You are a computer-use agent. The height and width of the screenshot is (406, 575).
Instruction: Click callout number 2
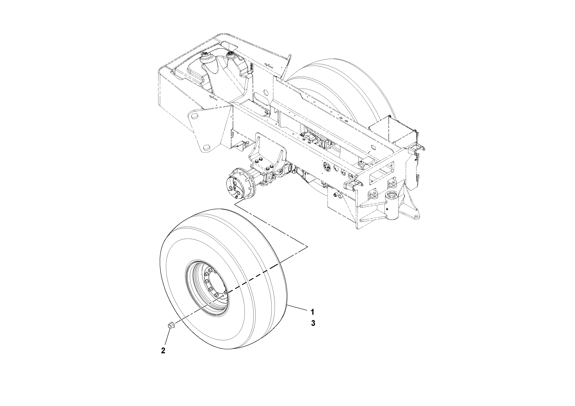[163, 351]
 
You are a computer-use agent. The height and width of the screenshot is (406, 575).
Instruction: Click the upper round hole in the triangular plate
[194, 116]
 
